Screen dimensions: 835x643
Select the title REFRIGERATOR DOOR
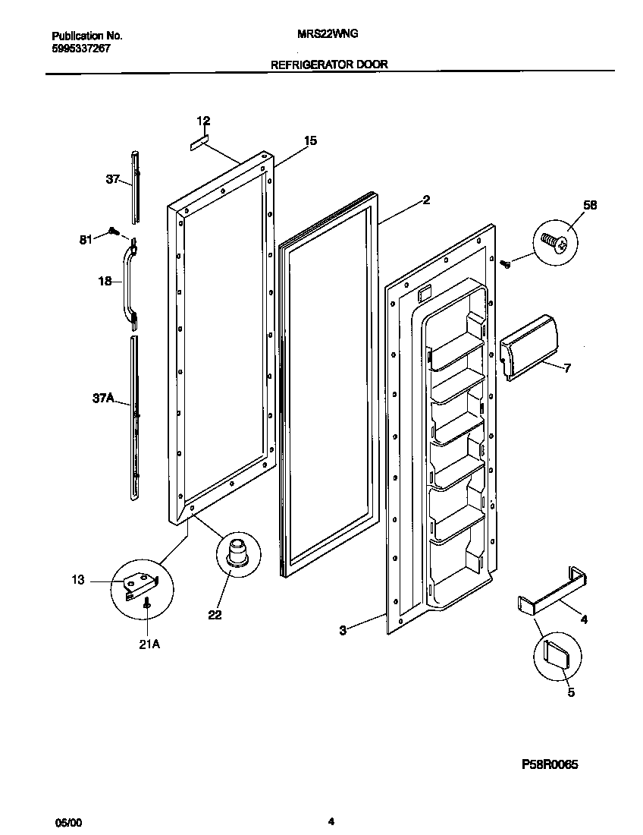[329, 65]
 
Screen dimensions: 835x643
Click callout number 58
[590, 205]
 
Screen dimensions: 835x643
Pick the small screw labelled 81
[114, 230]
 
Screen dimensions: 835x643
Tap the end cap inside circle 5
[557, 652]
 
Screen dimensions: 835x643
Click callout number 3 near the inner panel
[343, 630]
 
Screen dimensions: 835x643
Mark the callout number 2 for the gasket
[426, 200]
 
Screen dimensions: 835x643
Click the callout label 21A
[149, 645]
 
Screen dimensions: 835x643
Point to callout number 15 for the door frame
[310, 140]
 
